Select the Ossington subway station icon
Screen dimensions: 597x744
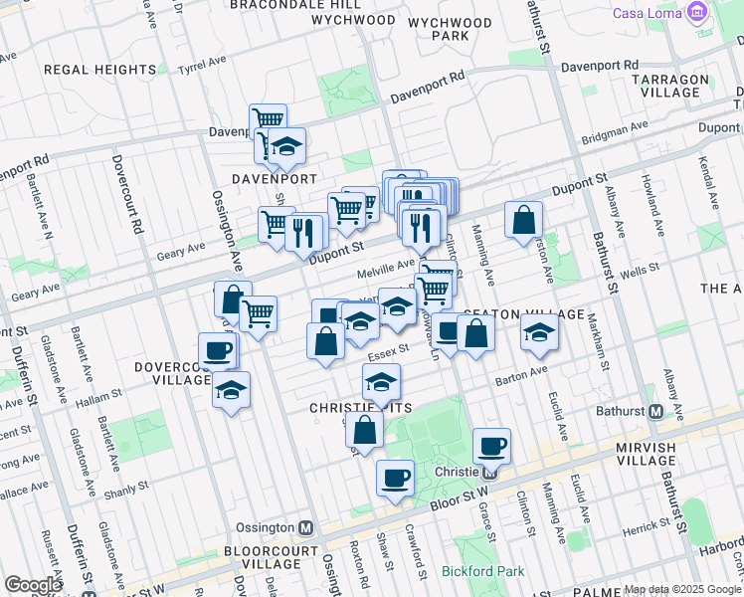click(x=306, y=527)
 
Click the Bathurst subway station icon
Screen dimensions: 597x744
click(x=655, y=411)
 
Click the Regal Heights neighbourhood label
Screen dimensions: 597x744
click(x=100, y=70)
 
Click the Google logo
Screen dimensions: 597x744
click(x=34, y=585)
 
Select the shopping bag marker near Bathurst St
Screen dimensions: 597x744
click(x=523, y=220)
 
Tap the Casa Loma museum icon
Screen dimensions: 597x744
click(x=696, y=13)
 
